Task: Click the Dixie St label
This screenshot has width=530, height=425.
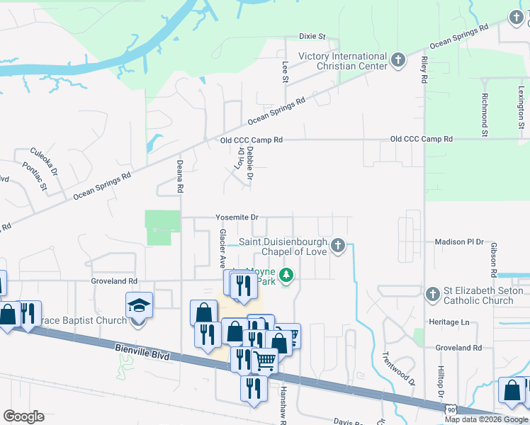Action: click(x=312, y=36)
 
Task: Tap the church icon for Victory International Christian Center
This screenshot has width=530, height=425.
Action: click(x=398, y=60)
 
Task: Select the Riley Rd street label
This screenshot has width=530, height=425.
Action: click(x=424, y=70)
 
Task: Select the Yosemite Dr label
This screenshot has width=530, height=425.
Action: click(x=237, y=217)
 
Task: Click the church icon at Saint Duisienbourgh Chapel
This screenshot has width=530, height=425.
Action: click(x=338, y=246)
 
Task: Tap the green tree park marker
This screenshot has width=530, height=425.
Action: click(x=286, y=275)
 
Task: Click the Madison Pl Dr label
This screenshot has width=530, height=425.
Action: click(x=458, y=242)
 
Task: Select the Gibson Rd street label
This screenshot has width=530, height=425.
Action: click(x=492, y=259)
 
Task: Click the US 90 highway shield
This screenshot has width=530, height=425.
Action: click(x=450, y=409)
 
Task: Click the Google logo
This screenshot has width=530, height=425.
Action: click(x=23, y=416)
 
